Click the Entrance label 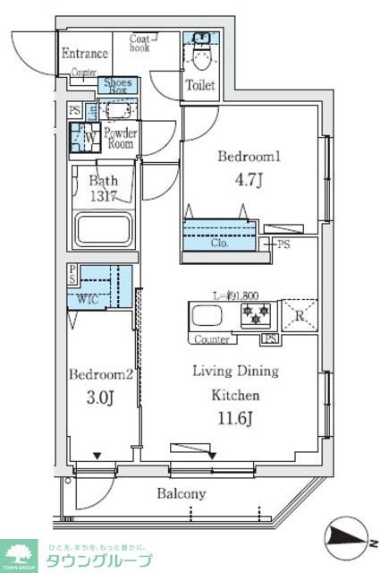86,53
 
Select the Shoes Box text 117,87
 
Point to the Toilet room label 199,86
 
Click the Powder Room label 119,138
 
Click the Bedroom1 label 249,156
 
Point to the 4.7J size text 249,179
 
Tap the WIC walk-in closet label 87,299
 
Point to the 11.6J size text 237,418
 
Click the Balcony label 182,493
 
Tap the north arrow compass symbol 348,535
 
